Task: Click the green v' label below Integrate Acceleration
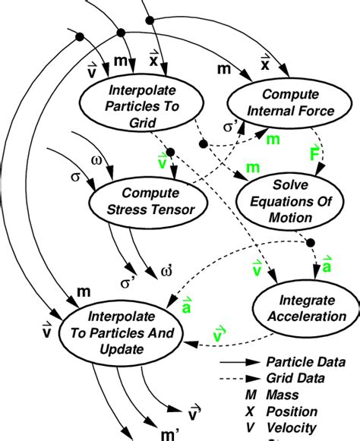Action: [x=219, y=335]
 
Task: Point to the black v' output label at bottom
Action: [x=194, y=413]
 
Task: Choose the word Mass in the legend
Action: [x=282, y=395]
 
